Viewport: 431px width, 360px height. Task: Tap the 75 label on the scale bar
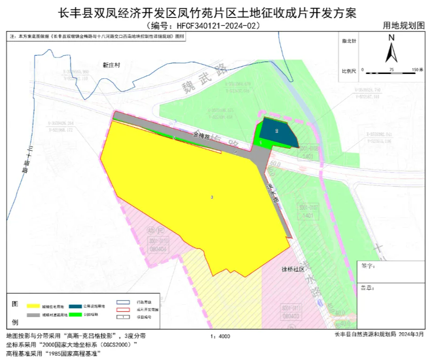391,69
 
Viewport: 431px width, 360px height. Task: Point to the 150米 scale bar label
418,69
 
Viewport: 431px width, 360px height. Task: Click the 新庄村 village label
112,65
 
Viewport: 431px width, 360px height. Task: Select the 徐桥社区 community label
293,270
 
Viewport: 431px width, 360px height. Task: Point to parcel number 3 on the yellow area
212,197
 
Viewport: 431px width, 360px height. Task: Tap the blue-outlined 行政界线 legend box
123,302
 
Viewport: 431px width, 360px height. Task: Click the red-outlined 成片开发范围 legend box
123,310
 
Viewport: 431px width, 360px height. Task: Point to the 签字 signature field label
367,266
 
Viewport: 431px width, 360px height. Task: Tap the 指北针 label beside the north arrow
349,41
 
